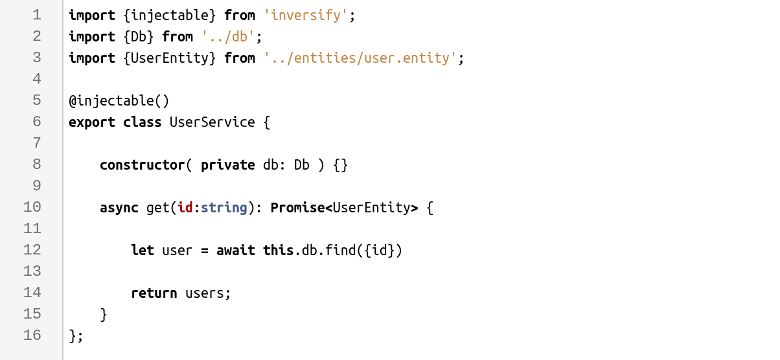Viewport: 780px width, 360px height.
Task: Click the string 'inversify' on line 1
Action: coord(306,16)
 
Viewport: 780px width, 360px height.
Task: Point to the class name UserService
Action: coord(212,122)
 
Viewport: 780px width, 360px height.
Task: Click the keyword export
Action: coord(92,122)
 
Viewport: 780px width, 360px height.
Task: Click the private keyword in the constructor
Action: coord(228,165)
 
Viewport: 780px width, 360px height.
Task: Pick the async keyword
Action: coord(119,208)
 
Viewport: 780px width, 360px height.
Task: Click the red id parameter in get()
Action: coord(185,208)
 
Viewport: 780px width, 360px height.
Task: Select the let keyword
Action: coord(143,251)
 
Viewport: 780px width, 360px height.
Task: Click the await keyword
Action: coord(236,251)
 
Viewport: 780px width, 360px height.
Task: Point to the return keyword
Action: coord(154,293)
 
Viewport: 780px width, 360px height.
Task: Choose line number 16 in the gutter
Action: coord(32,335)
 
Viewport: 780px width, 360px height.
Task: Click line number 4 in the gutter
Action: coord(36,79)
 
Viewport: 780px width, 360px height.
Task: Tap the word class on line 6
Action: coord(143,122)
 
